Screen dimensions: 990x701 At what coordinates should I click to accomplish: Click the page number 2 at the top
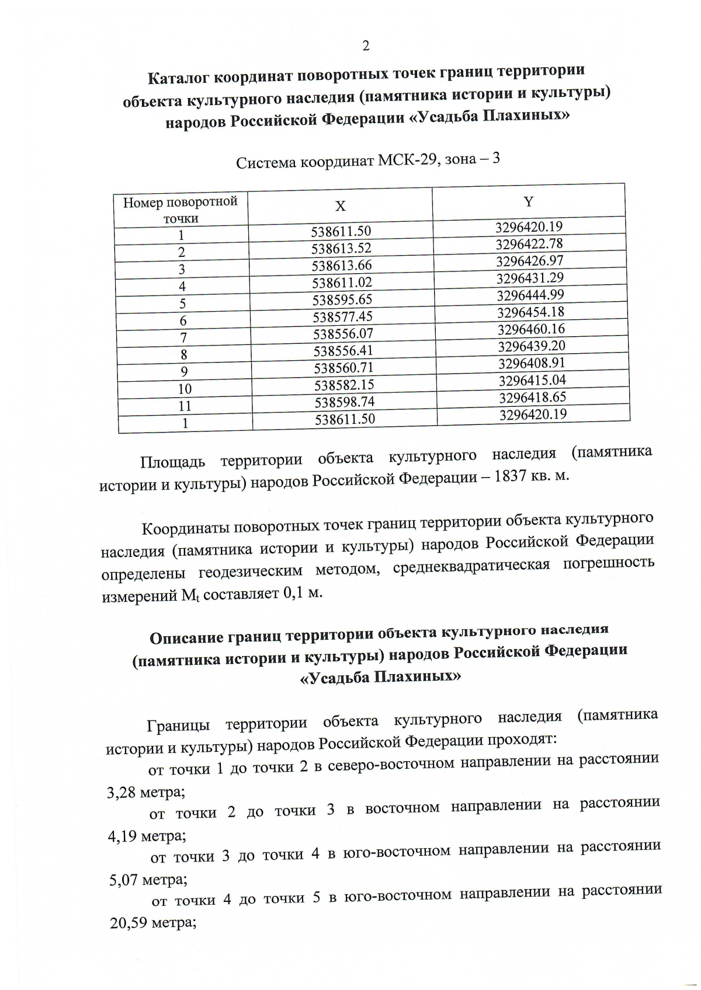pyautogui.click(x=366, y=46)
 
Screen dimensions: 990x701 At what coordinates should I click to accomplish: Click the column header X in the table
pyautogui.click(x=340, y=206)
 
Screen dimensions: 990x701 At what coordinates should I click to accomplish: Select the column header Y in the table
pyautogui.click(x=528, y=202)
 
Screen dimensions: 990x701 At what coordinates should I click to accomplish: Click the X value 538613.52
pyautogui.click(x=341, y=249)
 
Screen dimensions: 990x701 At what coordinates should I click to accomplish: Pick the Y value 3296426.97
pyautogui.click(x=530, y=260)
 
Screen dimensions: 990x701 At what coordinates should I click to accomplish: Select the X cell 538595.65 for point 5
pyautogui.click(x=342, y=299)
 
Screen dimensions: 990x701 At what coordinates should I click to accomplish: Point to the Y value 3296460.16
pyautogui.click(x=531, y=329)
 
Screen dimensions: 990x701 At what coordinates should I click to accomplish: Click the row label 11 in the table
pyautogui.click(x=185, y=406)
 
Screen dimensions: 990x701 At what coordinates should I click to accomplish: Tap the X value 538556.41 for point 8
pyautogui.click(x=343, y=351)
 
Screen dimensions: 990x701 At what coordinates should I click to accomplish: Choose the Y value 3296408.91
pyautogui.click(x=532, y=363)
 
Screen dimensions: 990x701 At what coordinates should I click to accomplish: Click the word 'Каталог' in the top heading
pyautogui.click(x=179, y=77)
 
